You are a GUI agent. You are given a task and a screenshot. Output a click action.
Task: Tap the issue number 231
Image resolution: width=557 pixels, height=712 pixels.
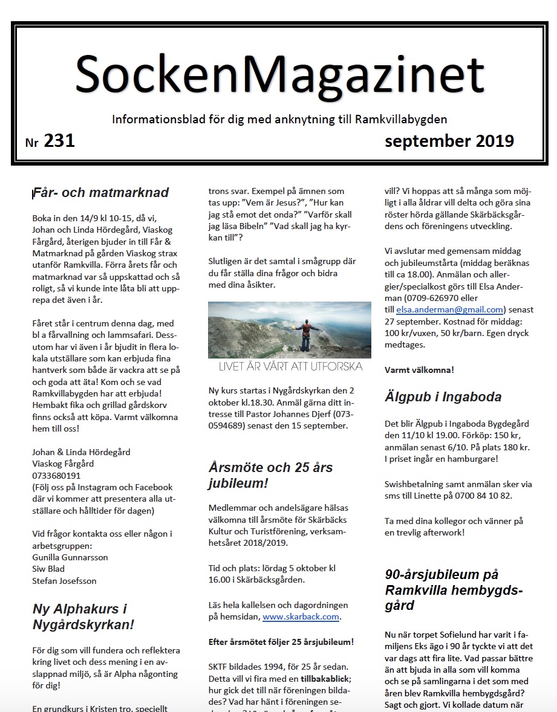pos(59,141)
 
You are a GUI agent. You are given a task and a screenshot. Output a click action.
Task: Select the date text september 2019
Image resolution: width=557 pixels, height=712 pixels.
pos(449,141)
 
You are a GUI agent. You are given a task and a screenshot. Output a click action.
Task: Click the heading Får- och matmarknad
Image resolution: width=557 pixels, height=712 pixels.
pos(101,193)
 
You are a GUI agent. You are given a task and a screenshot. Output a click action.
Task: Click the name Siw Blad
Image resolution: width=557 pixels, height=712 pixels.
pos(48,568)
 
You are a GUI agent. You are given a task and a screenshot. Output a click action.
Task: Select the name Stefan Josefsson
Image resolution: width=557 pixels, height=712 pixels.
pos(64,580)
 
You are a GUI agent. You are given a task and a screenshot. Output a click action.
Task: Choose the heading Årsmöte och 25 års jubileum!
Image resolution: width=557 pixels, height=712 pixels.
pos(270,475)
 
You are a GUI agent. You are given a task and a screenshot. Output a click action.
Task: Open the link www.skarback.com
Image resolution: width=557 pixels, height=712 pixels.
pos(301,617)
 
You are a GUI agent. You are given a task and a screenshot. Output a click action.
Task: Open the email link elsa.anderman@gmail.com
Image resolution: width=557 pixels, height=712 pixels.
pos(449,309)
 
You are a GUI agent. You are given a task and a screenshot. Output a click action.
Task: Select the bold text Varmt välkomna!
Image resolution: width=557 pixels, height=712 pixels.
pos(419,369)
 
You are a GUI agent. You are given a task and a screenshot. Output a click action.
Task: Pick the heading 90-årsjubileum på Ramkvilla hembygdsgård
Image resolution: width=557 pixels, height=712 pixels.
pos(454,589)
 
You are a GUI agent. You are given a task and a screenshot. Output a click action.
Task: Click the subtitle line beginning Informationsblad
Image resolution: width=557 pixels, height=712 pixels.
pos(279,120)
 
